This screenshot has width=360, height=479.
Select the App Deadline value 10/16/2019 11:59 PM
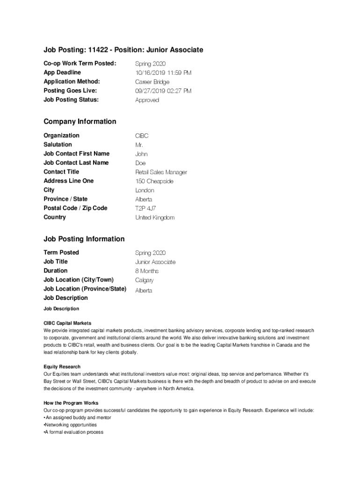coord(163,73)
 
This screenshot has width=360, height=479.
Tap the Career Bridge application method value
coord(152,82)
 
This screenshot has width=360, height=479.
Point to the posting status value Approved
coord(147,100)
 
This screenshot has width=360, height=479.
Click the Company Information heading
coord(80,122)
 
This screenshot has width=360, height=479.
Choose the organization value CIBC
coord(142,136)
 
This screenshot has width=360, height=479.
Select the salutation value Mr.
coord(139,145)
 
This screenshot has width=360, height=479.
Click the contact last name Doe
coord(140,163)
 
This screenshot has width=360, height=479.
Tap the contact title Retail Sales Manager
coord(161,172)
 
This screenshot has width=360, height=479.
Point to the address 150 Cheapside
coord(154,181)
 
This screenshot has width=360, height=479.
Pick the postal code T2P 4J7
coord(146,209)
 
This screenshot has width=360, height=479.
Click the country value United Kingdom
coord(155,218)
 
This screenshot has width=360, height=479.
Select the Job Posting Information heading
coord(84,239)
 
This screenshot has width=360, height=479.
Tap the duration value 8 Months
coord(147,271)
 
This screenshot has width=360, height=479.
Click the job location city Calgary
coord(144,281)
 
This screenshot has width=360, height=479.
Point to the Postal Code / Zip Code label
coord(75,208)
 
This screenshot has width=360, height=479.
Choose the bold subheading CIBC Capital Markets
coord(67,323)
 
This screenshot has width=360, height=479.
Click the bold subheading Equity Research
coord(62,367)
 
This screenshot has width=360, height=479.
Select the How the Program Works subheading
coord(71,403)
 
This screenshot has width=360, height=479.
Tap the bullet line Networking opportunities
coord(71,425)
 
